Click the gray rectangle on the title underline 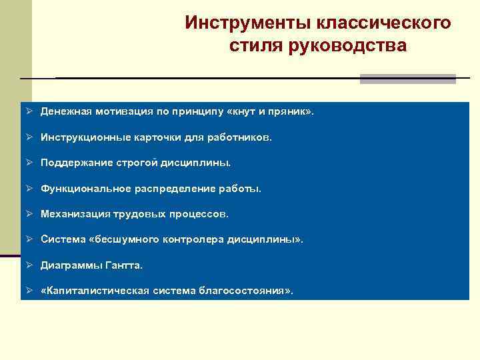[x=407, y=79]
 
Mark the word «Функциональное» [x=81, y=189]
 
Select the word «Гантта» [x=124, y=265]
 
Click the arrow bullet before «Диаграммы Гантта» [x=30, y=265]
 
